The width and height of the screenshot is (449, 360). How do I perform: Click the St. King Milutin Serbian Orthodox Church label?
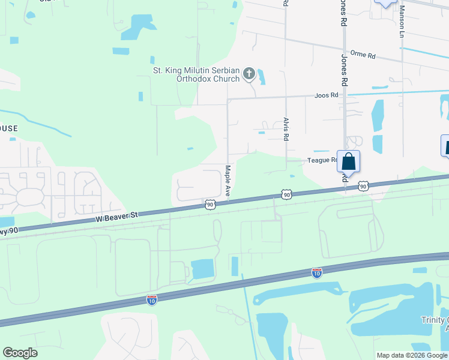click(196, 74)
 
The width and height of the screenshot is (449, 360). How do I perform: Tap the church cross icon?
click(249, 74)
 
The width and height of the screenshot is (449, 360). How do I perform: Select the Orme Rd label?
click(363, 56)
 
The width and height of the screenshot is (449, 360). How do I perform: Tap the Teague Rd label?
click(322, 160)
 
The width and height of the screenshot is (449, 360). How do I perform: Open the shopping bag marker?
click(349, 162)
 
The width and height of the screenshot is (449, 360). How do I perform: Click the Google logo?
click(20, 353)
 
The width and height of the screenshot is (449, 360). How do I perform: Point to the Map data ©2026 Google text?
click(411, 355)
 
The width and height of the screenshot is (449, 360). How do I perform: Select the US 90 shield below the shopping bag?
click(363, 187)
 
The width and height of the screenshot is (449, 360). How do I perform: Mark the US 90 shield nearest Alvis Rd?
click(287, 194)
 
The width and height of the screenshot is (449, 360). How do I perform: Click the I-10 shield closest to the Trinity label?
click(317, 273)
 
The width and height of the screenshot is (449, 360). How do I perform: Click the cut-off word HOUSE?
click(9, 128)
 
